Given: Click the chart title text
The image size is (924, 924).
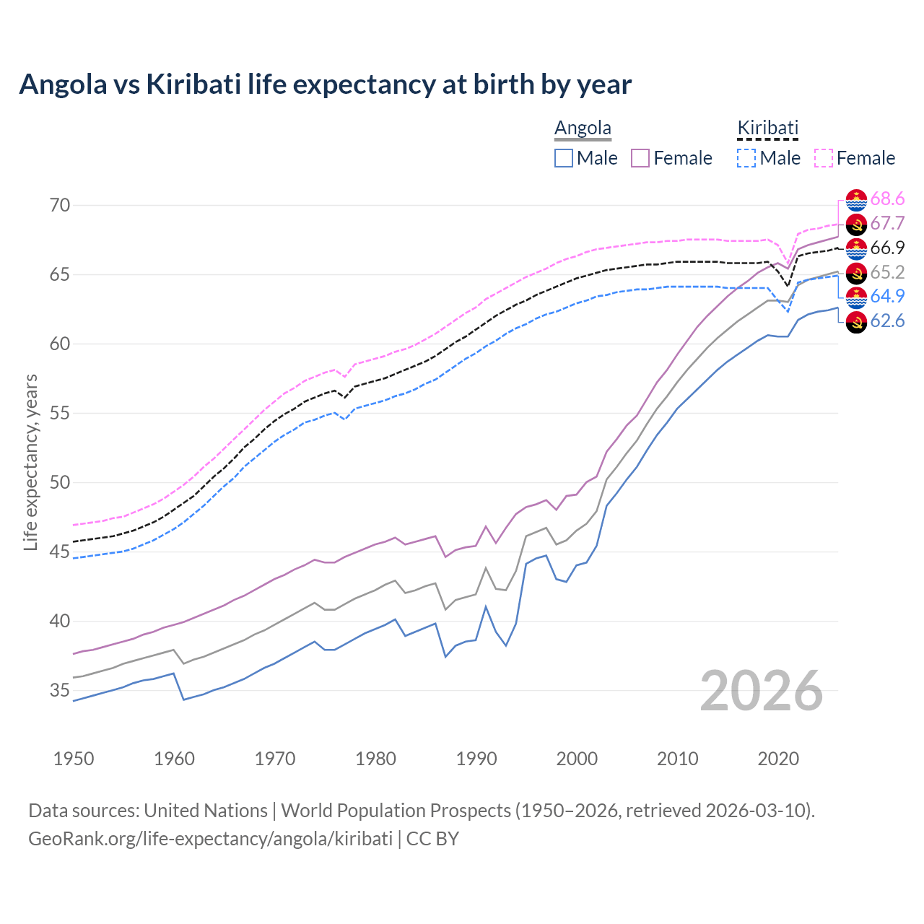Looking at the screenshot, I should point(325,84).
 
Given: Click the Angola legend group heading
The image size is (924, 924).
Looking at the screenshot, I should point(583,128).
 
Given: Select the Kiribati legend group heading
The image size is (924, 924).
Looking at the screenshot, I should point(767,128).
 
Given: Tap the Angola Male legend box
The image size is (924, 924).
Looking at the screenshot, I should point(564,158).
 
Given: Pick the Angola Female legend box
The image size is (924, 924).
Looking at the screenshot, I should point(640,158).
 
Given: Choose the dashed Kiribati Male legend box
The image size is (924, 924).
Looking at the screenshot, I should point(746,158).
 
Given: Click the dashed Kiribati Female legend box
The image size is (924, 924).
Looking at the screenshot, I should point(824,158).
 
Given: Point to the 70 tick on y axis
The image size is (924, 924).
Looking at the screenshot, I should point(60,205).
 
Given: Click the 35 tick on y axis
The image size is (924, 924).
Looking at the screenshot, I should point(60,691).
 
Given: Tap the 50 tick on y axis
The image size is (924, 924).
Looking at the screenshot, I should point(60,483).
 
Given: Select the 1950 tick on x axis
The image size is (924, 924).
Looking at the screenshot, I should point(74,759).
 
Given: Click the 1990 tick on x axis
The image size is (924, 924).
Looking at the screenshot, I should point(476,759).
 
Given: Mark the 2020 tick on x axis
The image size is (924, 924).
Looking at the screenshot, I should point(778,759).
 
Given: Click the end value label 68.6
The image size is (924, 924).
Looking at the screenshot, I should point(887,199).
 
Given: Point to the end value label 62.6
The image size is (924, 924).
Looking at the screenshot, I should point(887,321).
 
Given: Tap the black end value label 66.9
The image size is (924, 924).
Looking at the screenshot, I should point(887,248).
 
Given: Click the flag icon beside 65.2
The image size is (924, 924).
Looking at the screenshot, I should point(856,273).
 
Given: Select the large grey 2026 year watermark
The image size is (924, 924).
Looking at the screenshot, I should point(761,691).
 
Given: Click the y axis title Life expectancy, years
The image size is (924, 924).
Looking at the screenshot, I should point(30,462).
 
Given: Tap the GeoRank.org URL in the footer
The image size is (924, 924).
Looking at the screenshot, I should point(210,839).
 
